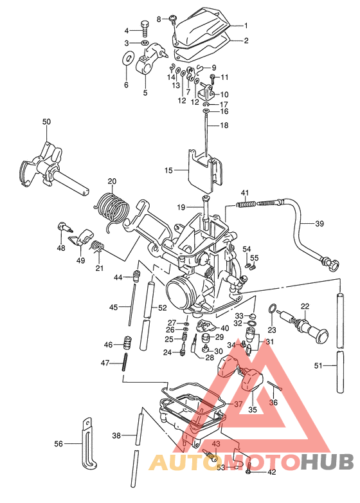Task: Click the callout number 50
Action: click(x=46, y=122)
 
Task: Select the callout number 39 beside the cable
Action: click(x=319, y=224)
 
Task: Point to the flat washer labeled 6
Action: click(x=125, y=61)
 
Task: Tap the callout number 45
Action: click(x=113, y=307)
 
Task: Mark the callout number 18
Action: click(x=224, y=125)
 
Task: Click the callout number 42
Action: click(x=271, y=473)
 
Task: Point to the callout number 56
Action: click(x=59, y=444)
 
